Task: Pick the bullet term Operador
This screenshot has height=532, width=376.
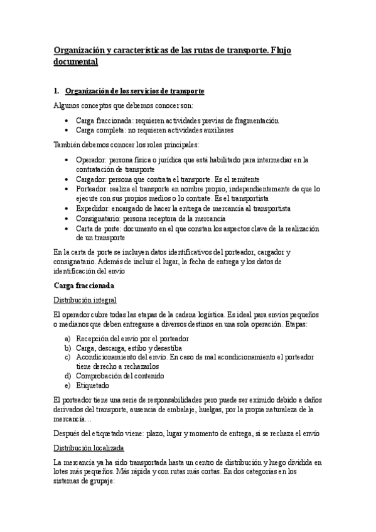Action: [x=91, y=160]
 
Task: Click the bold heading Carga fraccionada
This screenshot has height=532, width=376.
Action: [x=83, y=285]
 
